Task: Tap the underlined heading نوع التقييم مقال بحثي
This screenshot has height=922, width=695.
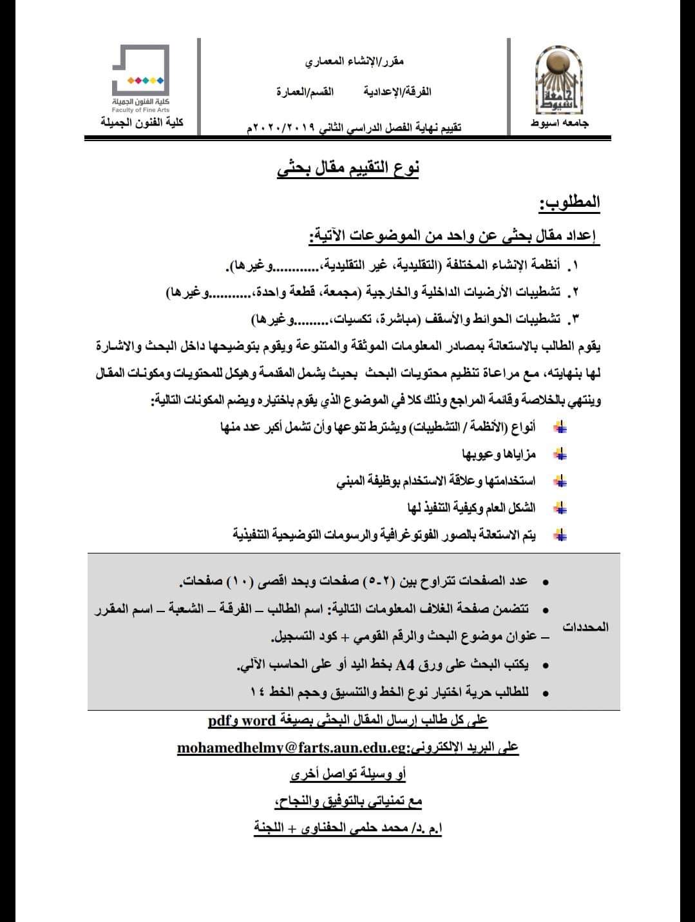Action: tap(348, 169)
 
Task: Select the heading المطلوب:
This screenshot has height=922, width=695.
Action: tap(569, 203)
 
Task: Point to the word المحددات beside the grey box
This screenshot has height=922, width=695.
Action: tap(586, 627)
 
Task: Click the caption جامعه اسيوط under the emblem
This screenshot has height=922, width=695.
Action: tap(560, 123)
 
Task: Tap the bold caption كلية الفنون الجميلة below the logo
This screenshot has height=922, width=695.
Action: tap(142, 122)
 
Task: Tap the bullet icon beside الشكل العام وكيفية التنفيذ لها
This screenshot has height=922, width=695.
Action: tap(560, 508)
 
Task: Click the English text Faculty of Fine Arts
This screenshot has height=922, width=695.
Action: tap(140, 111)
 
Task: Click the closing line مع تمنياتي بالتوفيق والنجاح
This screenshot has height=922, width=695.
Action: tap(348, 801)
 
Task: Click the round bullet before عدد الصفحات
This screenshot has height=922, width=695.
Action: tap(546, 582)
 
